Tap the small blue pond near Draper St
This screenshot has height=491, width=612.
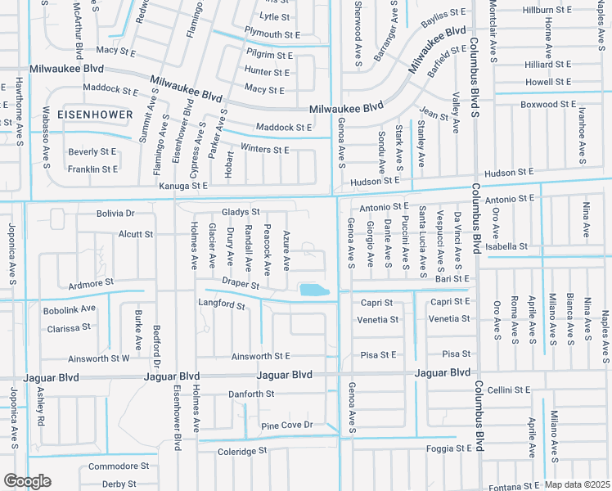pos(313,290)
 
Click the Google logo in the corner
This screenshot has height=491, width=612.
pos(26,481)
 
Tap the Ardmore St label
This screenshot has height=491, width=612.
pos(91,284)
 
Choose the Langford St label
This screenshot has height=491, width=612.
pos(222,304)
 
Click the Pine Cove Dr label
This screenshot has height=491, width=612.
pos(287,425)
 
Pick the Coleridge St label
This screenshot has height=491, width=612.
pos(242,451)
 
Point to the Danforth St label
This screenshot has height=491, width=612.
pos(250,394)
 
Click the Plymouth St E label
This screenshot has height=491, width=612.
pos(273,35)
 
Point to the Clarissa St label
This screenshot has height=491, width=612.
pos(69,327)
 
